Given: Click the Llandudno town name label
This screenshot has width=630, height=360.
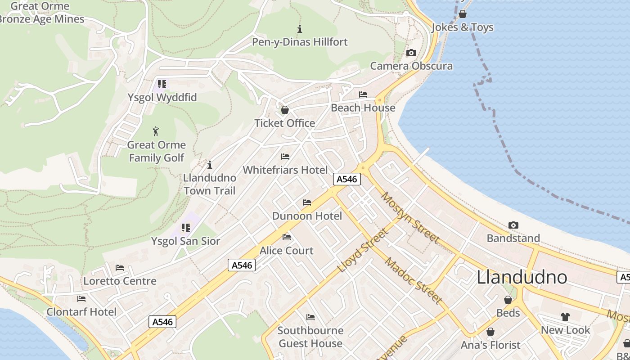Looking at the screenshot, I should click(x=522, y=277).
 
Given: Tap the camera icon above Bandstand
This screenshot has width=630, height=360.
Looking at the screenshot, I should click(x=513, y=225).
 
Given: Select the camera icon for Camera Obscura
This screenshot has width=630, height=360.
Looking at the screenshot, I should click(x=411, y=53).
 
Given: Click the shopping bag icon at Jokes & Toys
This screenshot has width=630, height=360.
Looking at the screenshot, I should click(x=462, y=14).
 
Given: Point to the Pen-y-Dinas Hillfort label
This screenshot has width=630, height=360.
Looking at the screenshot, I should click(x=300, y=42).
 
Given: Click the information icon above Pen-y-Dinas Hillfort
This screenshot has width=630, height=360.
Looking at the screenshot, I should click(x=300, y=29).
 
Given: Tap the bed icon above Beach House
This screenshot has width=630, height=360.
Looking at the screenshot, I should click(x=363, y=94).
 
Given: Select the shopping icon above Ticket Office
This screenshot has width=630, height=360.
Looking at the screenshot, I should click(x=284, y=110).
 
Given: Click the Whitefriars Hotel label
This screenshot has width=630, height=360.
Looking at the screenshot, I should click(x=285, y=170).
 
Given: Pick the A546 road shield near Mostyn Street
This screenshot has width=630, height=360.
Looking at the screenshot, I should click(x=346, y=179).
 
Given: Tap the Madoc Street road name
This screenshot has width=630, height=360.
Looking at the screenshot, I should click(x=413, y=282).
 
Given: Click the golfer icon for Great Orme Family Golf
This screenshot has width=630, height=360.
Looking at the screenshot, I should click(x=156, y=131).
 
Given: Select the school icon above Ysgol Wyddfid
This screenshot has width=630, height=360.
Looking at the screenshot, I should click(x=162, y=84).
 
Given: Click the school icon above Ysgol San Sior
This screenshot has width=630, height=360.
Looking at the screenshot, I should click(x=185, y=228).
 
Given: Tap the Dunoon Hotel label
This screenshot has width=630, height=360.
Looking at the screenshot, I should click(x=307, y=216).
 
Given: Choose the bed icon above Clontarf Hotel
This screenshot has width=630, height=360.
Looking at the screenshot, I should click(x=81, y=298).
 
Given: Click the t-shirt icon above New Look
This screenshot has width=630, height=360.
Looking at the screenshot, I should click(x=565, y=317).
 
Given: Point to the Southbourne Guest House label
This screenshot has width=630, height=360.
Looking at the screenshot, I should click(x=310, y=337).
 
